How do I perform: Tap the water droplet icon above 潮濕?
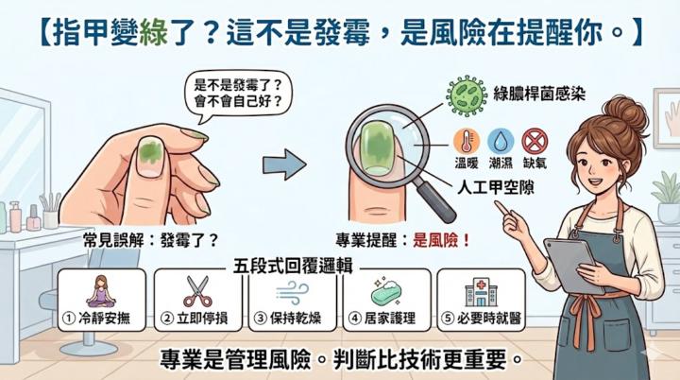pos(501,141)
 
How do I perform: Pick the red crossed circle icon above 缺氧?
pos(535,141)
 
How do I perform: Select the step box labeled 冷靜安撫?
pos(102,300)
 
